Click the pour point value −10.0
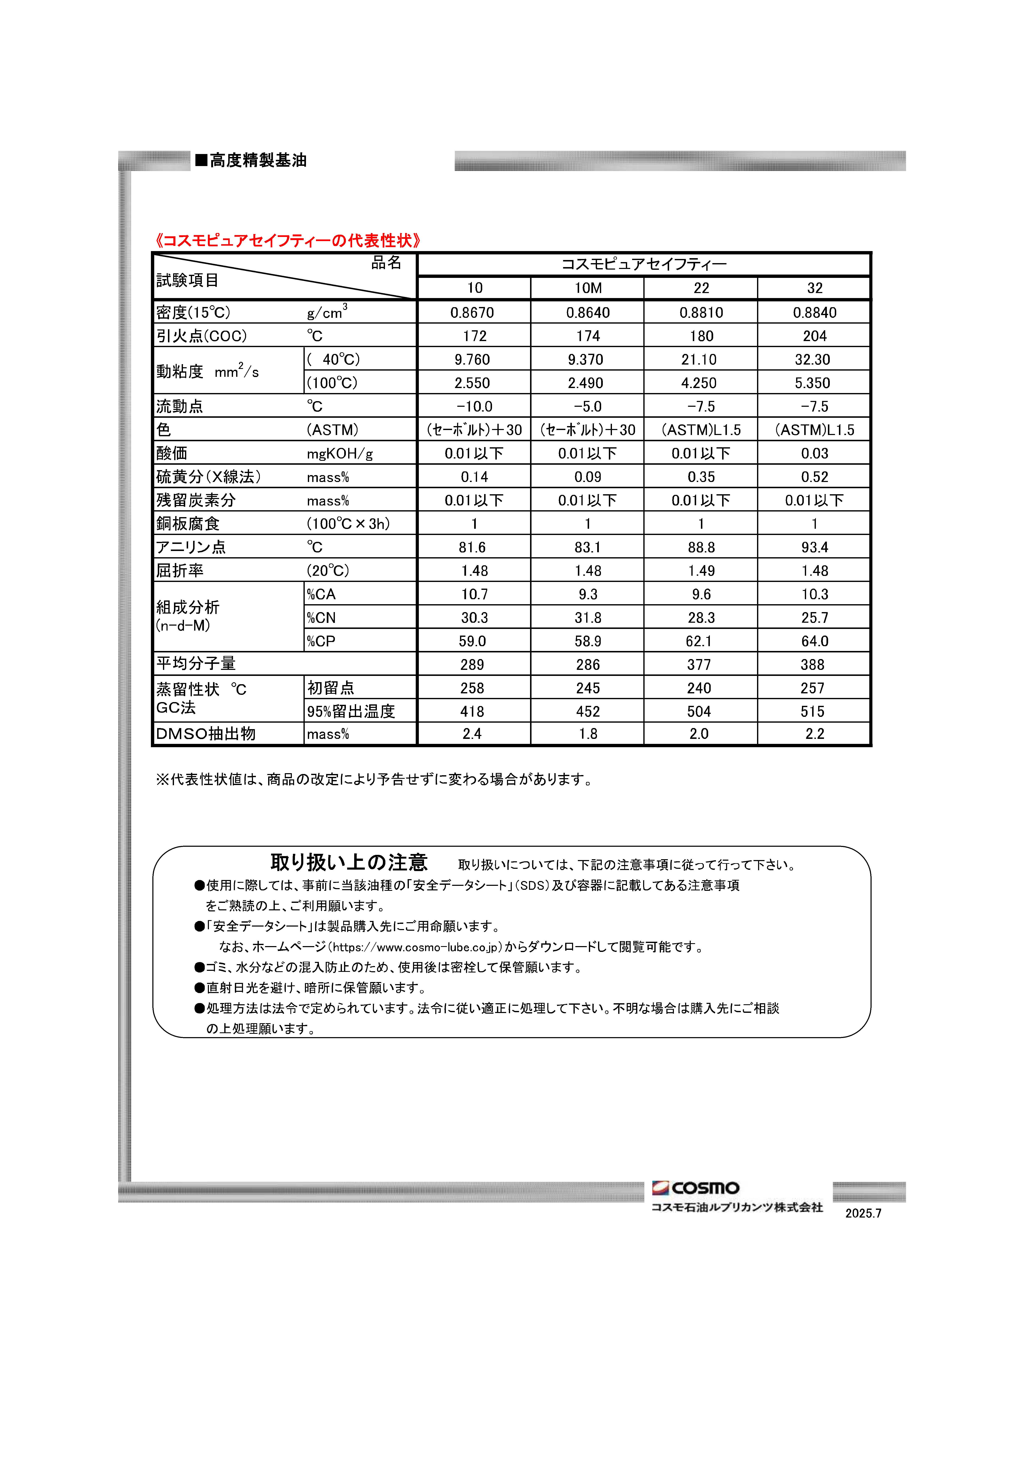(474, 406)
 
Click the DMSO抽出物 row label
(206, 734)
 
